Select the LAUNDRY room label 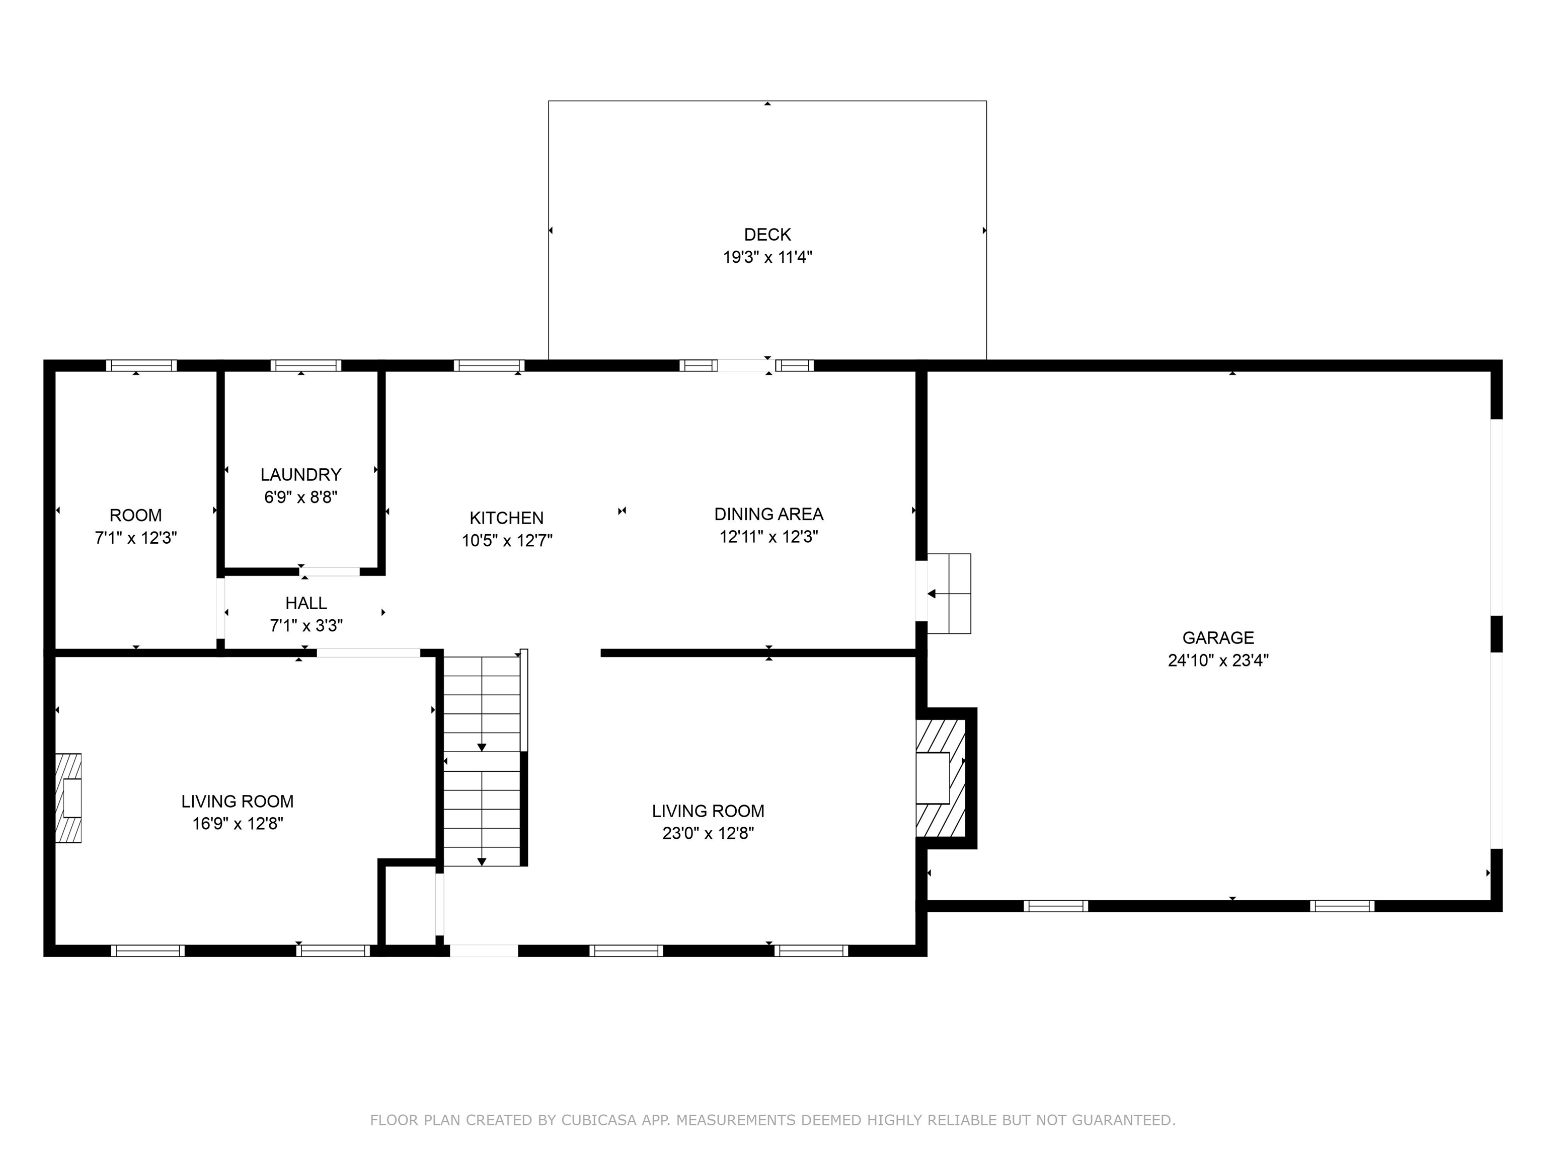click(x=300, y=475)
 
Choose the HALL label click(x=305, y=603)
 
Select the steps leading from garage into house click(x=949, y=594)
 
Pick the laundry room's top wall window click(x=305, y=366)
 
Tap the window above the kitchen click(x=489, y=366)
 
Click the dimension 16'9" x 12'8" click(x=238, y=824)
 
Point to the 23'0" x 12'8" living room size click(x=708, y=833)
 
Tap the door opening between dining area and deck click(x=742, y=365)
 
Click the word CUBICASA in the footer click(x=598, y=1120)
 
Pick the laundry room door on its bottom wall click(x=330, y=571)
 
